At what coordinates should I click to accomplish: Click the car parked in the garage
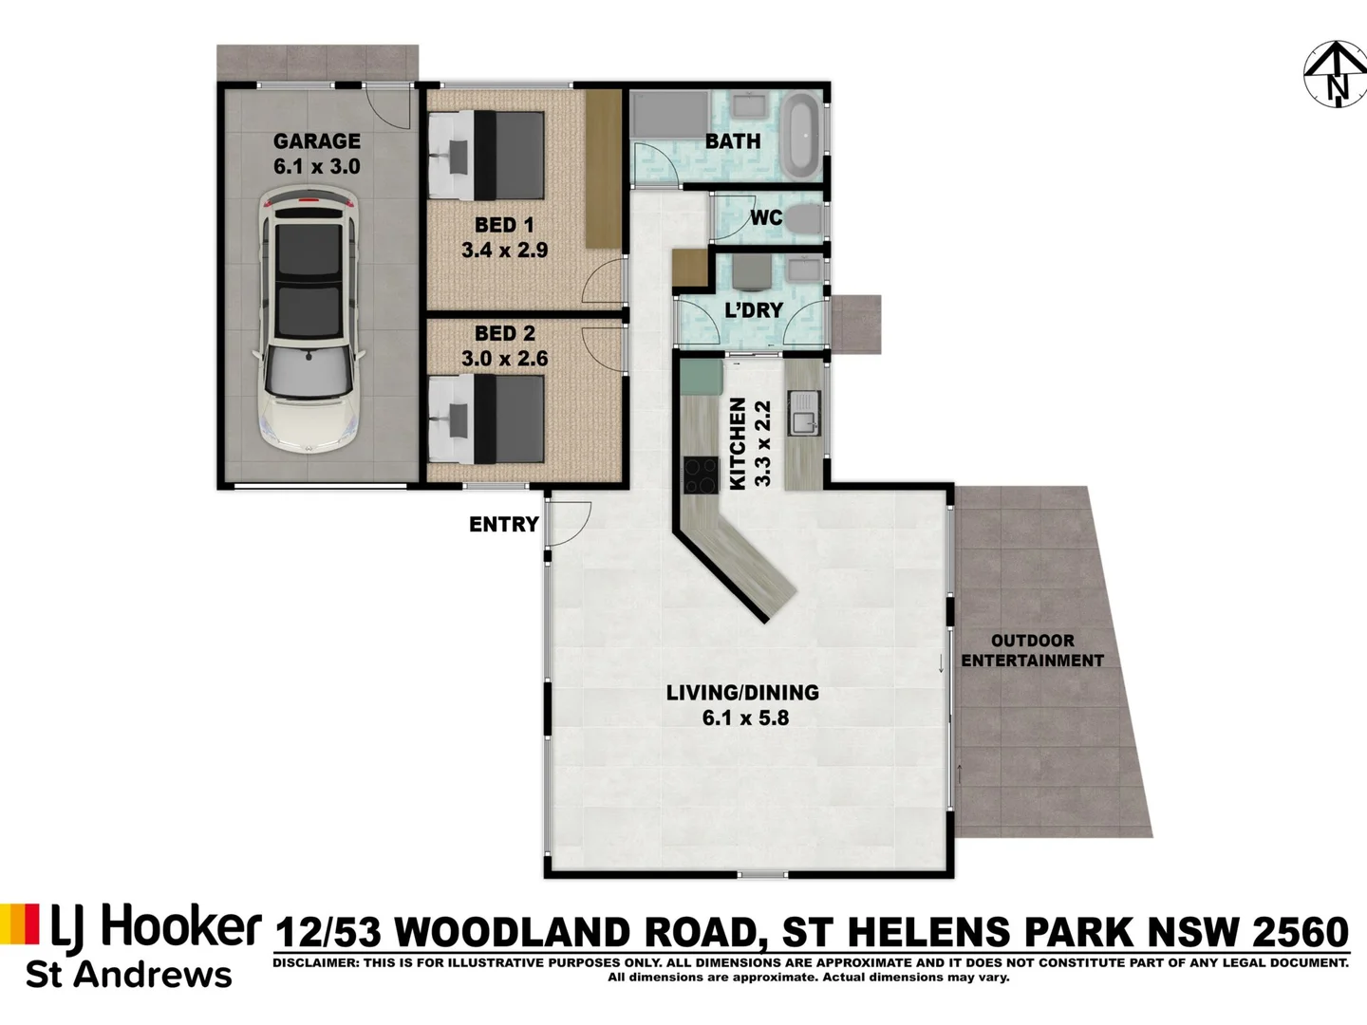[310, 319]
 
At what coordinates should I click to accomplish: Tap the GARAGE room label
[317, 141]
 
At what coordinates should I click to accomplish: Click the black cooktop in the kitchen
[701, 475]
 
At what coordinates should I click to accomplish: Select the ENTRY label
[503, 524]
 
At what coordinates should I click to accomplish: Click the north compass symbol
[1335, 74]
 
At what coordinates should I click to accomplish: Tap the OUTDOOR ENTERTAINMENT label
[1032, 651]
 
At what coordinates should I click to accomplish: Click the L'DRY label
[754, 309]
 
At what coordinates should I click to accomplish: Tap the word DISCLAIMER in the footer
[312, 963]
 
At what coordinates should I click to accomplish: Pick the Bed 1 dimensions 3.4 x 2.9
[504, 251]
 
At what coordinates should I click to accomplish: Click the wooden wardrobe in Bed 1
[601, 169]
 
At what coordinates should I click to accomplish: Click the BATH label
[733, 141]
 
